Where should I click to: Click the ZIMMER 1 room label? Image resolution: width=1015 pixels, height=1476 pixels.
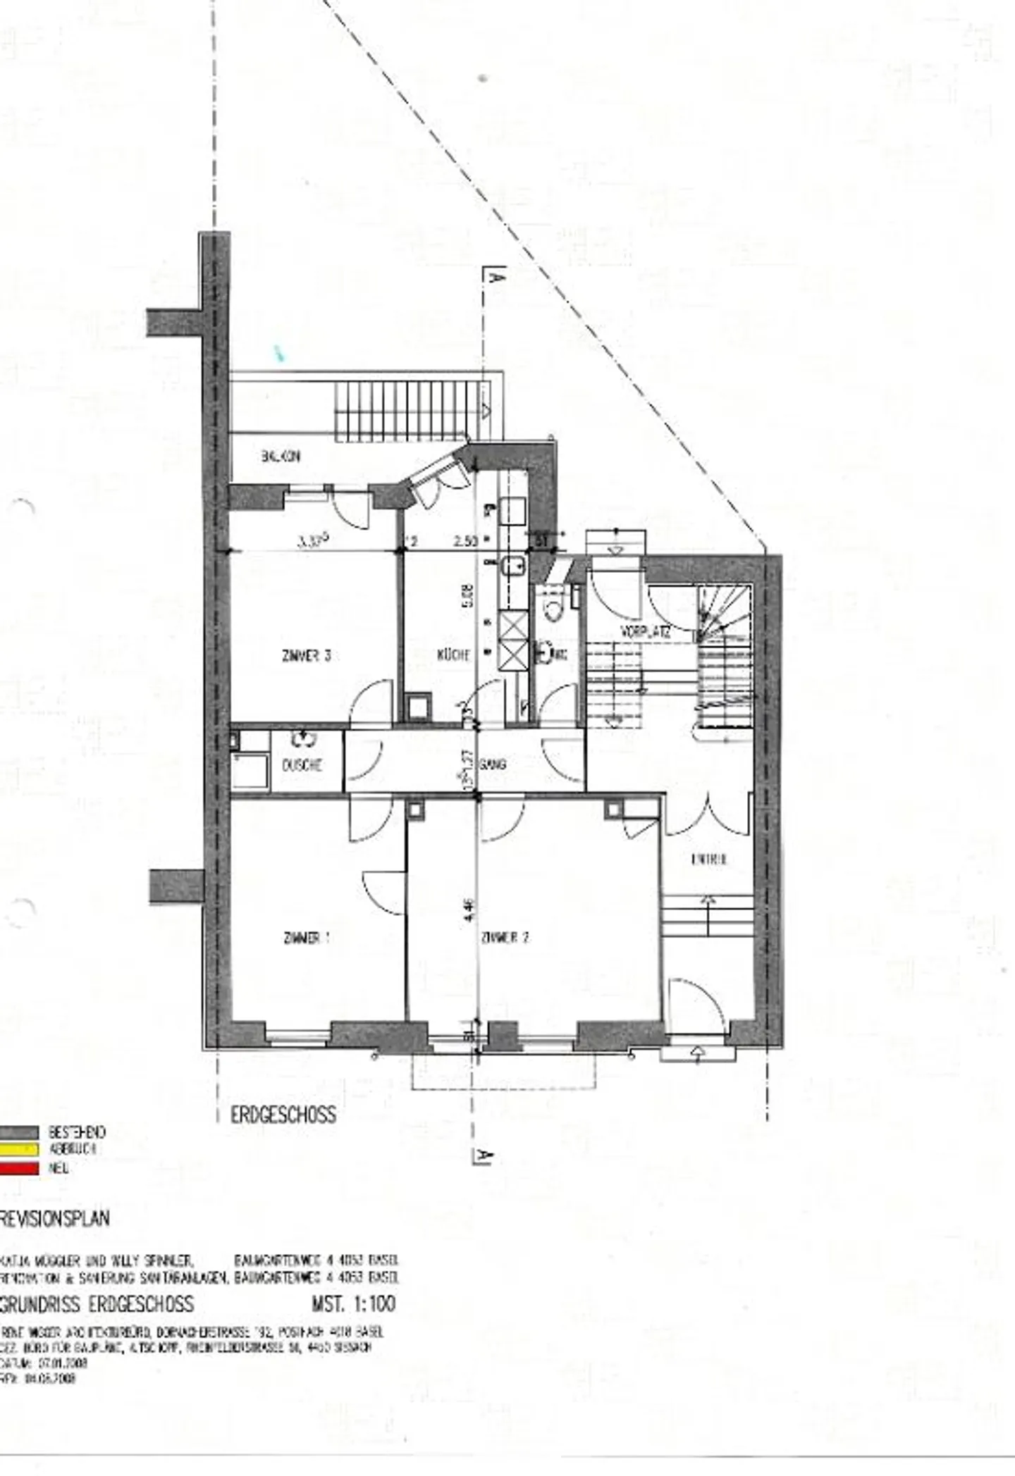coord(307,938)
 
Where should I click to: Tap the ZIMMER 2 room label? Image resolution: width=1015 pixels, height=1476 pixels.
coord(505,938)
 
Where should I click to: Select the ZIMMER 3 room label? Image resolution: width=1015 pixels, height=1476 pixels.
coord(306,656)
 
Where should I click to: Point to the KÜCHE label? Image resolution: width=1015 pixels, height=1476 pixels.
coord(454,655)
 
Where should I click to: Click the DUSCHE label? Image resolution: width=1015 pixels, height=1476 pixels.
coord(302,765)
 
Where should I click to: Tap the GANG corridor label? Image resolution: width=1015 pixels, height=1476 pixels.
coord(493,764)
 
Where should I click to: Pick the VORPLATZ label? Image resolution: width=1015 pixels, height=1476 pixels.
coord(644,631)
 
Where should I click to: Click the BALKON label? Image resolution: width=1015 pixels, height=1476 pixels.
coord(281,457)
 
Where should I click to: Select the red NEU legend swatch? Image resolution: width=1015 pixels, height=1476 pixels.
coord(19,1168)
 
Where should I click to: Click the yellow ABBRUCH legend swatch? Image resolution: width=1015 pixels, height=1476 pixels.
coord(19,1150)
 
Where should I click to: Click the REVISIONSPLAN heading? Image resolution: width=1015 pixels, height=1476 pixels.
coord(55,1219)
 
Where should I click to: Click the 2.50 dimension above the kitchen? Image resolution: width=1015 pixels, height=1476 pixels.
coord(466,541)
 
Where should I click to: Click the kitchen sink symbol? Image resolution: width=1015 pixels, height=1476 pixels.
coord(514,564)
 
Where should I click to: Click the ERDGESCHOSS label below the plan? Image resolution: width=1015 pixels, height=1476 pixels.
coord(283,1115)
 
